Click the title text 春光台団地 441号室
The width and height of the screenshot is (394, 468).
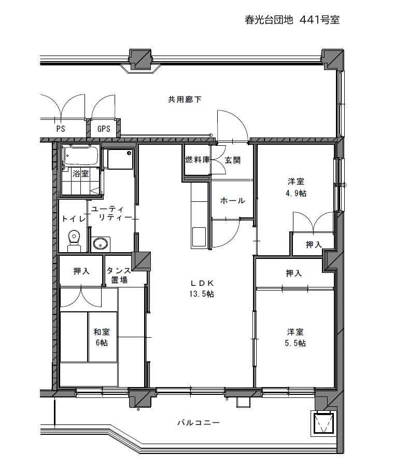point(292,20)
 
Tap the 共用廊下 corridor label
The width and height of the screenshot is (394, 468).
point(185,100)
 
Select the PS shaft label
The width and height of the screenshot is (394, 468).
point(61,129)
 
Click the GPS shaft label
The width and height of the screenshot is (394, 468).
point(104,129)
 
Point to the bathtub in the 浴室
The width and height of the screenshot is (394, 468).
point(81,156)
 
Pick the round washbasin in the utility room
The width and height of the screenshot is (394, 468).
point(100,244)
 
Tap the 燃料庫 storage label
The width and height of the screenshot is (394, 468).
point(198,160)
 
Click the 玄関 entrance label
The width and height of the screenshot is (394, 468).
point(232,160)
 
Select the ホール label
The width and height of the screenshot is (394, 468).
point(233,201)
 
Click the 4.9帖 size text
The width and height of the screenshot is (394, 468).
point(296,193)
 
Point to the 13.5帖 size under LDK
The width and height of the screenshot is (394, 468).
point(202,294)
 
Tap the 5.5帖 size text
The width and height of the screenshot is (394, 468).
point(295,343)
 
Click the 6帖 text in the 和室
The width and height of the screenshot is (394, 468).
point(102,342)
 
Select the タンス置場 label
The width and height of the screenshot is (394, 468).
point(119,275)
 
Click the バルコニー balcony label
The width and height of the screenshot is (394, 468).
point(199,423)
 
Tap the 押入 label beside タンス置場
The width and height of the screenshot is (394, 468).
point(81,271)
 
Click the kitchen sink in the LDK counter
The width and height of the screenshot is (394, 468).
point(199,237)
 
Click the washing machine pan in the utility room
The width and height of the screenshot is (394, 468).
point(121,159)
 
